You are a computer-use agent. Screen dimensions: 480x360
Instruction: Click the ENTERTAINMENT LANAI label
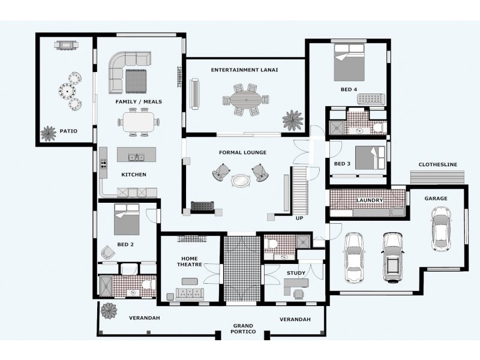click(x=244, y=70)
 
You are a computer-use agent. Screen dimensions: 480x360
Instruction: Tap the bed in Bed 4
click(x=349, y=62)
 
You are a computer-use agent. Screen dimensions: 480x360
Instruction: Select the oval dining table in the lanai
click(x=246, y=100)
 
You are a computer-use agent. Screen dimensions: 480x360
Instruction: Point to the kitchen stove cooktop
click(x=103, y=164)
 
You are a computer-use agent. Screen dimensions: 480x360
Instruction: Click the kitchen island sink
click(x=137, y=157)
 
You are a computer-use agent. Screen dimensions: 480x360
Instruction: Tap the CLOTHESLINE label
click(x=438, y=164)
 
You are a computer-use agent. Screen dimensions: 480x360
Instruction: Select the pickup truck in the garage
click(x=392, y=257)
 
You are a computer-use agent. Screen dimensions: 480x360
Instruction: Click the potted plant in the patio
click(x=49, y=134)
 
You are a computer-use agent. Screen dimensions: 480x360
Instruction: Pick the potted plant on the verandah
click(x=109, y=311)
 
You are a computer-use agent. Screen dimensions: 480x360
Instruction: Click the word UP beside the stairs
click(x=299, y=218)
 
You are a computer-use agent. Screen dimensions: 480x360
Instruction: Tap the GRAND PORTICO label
click(x=243, y=328)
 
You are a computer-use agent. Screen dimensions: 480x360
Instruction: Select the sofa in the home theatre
click(x=190, y=293)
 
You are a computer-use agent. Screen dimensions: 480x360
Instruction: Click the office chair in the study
click(x=299, y=294)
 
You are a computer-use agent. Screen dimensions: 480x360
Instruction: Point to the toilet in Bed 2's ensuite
click(x=149, y=284)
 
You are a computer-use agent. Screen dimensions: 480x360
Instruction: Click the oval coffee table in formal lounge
click(x=241, y=181)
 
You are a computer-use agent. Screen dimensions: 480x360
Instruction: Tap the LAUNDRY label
click(x=370, y=200)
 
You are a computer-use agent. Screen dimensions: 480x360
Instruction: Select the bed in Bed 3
click(x=370, y=158)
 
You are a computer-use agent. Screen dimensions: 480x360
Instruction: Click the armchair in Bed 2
click(x=108, y=252)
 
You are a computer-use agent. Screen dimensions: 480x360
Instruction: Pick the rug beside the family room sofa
click(x=136, y=81)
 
